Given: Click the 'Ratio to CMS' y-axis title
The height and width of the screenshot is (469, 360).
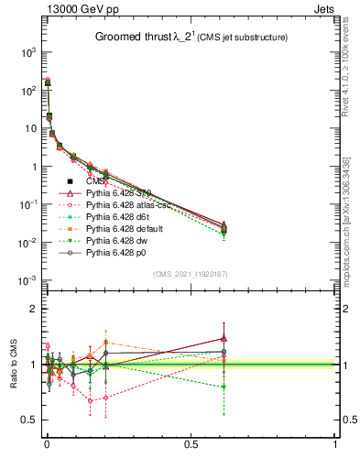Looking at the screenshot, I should coord(14,365).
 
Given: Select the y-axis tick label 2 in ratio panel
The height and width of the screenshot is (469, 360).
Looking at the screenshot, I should coord(33,310).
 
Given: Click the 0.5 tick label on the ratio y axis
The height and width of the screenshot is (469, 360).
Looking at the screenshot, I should coord(29,420).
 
